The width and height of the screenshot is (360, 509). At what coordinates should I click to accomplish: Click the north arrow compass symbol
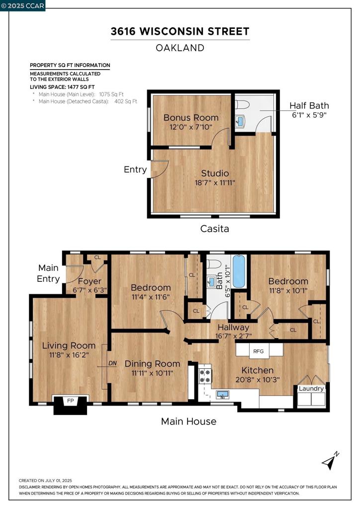pyautogui.click(x=329, y=462)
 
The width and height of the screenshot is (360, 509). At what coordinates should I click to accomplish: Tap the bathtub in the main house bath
pyautogui.click(x=239, y=271)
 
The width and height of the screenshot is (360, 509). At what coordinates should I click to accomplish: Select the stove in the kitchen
pyautogui.click(x=204, y=376)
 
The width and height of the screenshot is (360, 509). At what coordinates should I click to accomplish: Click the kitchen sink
pyautogui.click(x=223, y=395)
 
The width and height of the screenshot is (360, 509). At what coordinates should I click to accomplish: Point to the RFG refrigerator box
pyautogui.click(x=258, y=351)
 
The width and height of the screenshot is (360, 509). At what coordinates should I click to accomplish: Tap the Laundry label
pyautogui.click(x=311, y=388)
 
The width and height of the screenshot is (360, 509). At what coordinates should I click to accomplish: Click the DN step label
pyautogui.click(x=112, y=363)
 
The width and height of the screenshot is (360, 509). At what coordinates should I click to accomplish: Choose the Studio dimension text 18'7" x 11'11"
pyautogui.click(x=215, y=182)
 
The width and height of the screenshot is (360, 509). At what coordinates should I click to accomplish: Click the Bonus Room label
pyautogui.click(x=191, y=118)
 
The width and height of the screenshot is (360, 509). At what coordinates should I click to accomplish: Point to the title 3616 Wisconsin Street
pyautogui.click(x=180, y=32)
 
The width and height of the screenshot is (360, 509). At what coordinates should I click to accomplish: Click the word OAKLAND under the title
pyautogui.click(x=180, y=48)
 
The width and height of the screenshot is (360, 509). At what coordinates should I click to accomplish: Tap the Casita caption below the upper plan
pyautogui.click(x=214, y=229)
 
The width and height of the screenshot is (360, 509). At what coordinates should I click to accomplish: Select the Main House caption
pyautogui.click(x=188, y=422)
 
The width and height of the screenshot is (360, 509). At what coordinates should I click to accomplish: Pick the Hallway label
pyautogui.click(x=233, y=327)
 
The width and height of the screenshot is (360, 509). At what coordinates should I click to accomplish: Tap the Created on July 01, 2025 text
pyautogui.click(x=45, y=481)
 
